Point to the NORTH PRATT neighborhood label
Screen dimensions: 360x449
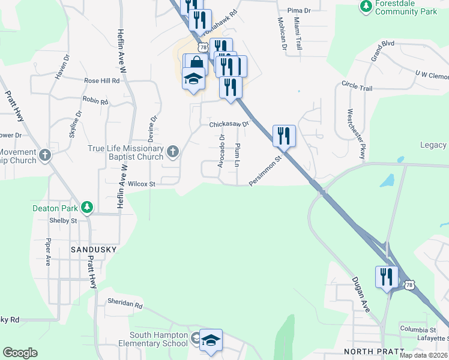tap(370, 351)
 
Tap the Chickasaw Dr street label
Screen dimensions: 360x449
tap(228, 125)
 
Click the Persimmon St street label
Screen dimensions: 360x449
tap(265, 170)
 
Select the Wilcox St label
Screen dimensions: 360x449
tap(142, 184)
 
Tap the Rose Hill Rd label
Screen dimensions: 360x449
tap(102, 80)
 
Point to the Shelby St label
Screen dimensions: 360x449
tap(66, 220)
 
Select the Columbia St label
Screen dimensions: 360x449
tap(418, 329)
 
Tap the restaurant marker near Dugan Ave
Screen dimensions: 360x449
tap(387, 277)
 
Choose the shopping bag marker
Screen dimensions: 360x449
tap(196, 64)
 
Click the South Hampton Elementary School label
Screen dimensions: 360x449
tap(158, 340)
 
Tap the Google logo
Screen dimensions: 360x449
tap(20, 353)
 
